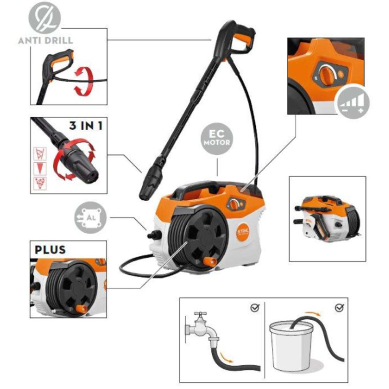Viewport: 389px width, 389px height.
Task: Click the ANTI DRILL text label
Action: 45,41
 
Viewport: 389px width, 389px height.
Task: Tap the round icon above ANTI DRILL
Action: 45,18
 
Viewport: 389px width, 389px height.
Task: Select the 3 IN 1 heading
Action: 86,125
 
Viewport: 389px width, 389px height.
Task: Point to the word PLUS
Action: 50,250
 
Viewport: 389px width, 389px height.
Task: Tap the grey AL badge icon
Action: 91,218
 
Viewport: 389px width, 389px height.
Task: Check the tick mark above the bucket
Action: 339,307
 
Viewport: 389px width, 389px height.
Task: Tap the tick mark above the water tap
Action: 255,307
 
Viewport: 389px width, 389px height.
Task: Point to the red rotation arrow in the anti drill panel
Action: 85,81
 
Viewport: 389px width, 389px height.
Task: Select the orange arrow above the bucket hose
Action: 312,313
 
